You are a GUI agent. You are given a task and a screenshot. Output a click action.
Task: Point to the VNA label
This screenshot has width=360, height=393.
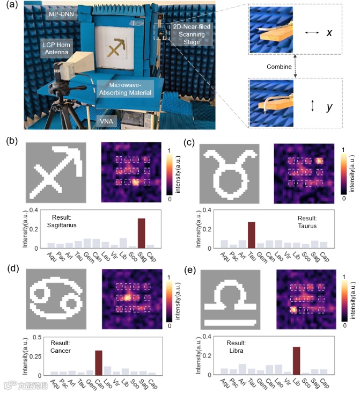[108, 122]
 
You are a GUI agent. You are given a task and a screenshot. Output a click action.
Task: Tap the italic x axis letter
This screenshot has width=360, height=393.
[329, 33]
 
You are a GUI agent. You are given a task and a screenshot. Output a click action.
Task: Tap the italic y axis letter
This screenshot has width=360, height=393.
[329, 107]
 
